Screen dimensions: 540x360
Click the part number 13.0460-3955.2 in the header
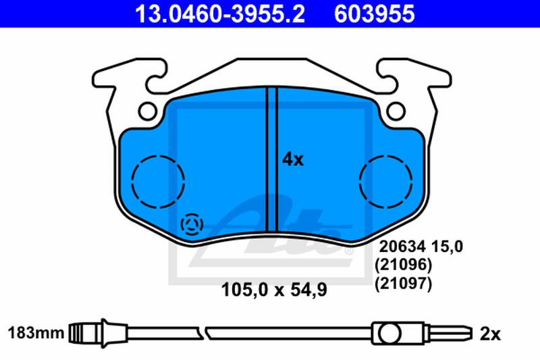[220, 14]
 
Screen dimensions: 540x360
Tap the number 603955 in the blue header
[375, 14]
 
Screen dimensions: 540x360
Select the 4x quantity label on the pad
[293, 160]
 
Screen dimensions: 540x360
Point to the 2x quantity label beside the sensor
[490, 334]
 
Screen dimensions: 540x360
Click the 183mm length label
[36, 333]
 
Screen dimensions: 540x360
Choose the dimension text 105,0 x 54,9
[274, 290]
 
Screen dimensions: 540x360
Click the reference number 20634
[403, 247]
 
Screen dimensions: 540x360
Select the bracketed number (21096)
[403, 265]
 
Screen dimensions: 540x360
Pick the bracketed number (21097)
[403, 284]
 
